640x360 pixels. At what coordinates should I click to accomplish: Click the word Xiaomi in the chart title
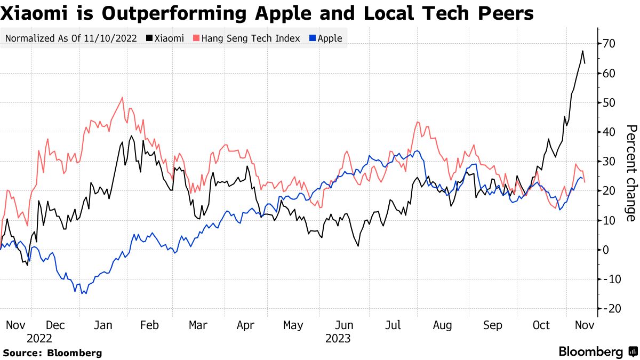point(33,13)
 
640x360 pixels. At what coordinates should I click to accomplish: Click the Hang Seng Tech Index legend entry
point(247,38)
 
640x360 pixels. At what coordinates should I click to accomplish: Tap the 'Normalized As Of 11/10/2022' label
point(70,38)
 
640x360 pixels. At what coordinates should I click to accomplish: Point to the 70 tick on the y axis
point(610,44)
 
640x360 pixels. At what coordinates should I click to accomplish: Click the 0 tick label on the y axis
point(606,250)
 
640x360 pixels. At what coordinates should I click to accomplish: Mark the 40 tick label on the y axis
point(610,132)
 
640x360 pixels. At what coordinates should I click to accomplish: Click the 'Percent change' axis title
point(631,173)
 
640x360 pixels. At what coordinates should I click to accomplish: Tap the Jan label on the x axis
point(103,325)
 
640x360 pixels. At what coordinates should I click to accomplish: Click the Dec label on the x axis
point(55,325)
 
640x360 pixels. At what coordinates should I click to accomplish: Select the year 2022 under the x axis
point(39,339)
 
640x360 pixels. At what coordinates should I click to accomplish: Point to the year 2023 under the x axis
point(338,339)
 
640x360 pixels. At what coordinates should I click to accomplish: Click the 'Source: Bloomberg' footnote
point(52,353)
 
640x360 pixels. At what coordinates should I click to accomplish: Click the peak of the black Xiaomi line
point(583,51)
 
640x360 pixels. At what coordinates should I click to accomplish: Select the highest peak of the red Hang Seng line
point(123,97)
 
